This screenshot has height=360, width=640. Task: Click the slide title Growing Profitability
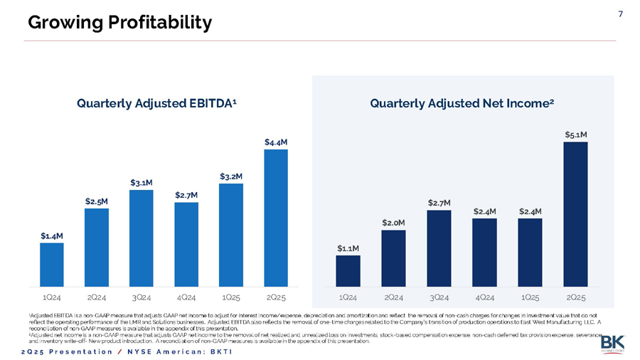click(119, 23)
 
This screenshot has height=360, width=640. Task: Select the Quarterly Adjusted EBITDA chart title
click(156, 104)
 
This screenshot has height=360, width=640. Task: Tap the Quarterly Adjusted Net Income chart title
click(462, 104)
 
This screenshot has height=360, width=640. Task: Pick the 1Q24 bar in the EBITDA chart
click(51, 263)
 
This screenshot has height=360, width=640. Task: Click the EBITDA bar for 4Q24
click(186, 243)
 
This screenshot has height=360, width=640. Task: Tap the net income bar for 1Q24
click(348, 270)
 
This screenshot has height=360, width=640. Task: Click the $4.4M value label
click(275, 142)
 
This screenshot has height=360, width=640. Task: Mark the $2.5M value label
click(96, 201)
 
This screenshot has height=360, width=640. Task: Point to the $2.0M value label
click(393, 223)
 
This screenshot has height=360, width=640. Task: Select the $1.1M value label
click(348, 248)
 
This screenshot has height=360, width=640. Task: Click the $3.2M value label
click(231, 176)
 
